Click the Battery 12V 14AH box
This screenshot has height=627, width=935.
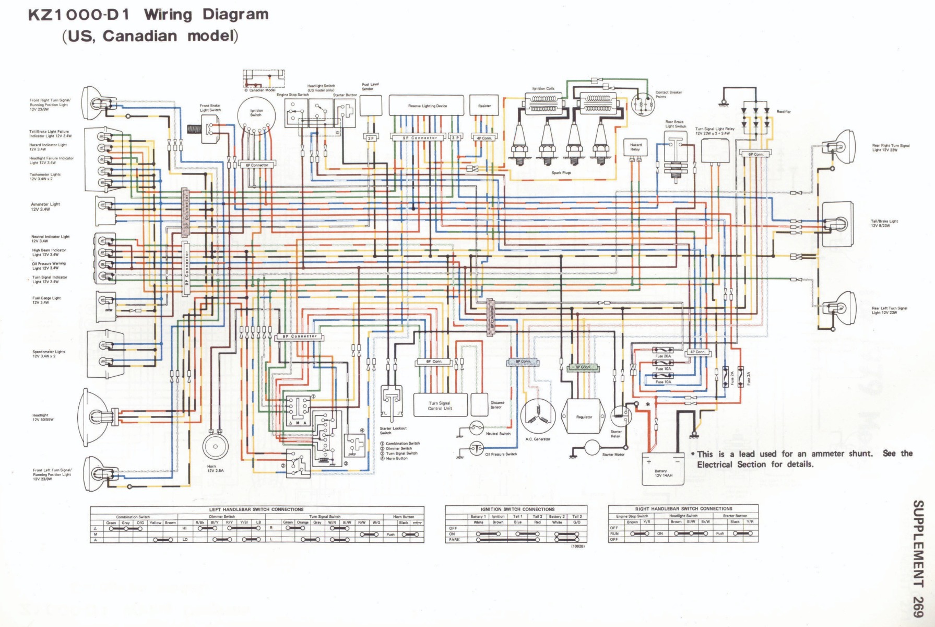(x=662, y=469)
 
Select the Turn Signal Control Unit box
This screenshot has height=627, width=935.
(x=440, y=405)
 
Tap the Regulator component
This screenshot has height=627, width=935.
(x=584, y=416)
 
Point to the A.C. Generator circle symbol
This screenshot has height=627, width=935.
(x=538, y=416)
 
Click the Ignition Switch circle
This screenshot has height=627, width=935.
(x=256, y=115)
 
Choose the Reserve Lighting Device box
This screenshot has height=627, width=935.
(x=427, y=106)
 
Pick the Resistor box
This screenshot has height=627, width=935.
(x=484, y=106)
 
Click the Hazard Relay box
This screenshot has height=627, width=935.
(x=635, y=147)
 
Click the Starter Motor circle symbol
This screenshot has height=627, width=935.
(x=592, y=447)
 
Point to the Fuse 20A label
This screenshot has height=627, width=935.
(x=663, y=356)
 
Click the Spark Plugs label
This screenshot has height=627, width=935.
(x=561, y=172)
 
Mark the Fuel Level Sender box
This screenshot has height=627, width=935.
(x=371, y=106)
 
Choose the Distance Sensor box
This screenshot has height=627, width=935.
(x=479, y=404)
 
